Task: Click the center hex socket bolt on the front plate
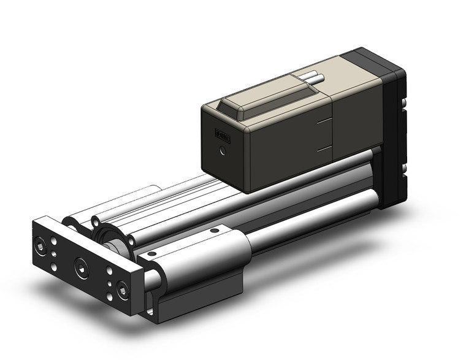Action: (80, 265)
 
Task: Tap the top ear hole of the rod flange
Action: (96, 219)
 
